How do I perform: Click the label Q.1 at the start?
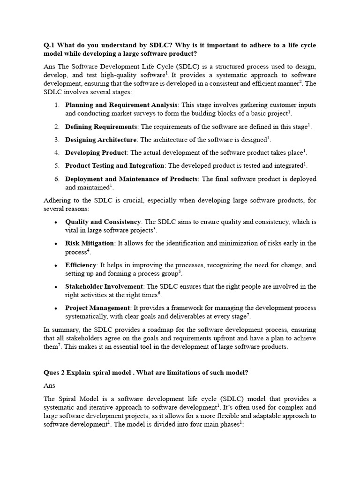click(49, 45)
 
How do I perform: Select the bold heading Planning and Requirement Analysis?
click(121, 105)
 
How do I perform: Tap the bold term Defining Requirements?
click(101, 127)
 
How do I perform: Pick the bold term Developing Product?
click(96, 152)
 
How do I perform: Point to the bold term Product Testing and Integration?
click(114, 165)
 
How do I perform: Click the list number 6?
click(56, 179)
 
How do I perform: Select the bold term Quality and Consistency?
click(103, 222)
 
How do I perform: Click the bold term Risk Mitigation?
click(90, 243)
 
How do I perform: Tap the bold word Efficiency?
click(81, 265)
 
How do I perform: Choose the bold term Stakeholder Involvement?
click(104, 286)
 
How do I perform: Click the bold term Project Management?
click(97, 308)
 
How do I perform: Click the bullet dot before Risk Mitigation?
click(56, 244)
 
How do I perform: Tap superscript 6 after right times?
click(159, 293)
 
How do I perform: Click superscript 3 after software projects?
click(155, 229)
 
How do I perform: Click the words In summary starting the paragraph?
click(61, 330)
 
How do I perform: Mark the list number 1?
click(56, 105)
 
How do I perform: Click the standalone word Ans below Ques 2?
click(49, 385)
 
